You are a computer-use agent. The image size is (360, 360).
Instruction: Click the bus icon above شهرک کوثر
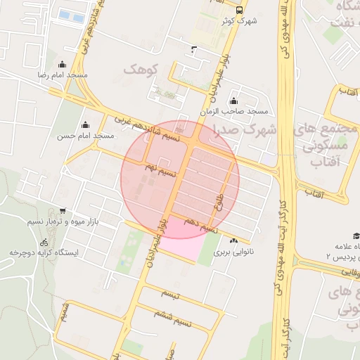point(240,11)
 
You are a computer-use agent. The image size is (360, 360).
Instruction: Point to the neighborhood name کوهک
point(142,69)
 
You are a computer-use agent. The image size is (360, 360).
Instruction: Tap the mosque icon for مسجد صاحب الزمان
point(233,101)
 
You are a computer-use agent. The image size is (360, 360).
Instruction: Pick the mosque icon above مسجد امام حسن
point(87,124)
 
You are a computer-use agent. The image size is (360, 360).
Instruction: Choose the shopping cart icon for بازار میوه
point(63,210)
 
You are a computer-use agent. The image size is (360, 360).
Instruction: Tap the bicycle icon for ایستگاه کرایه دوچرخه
point(44,241)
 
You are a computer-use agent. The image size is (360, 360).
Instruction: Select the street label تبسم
point(170,292)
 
